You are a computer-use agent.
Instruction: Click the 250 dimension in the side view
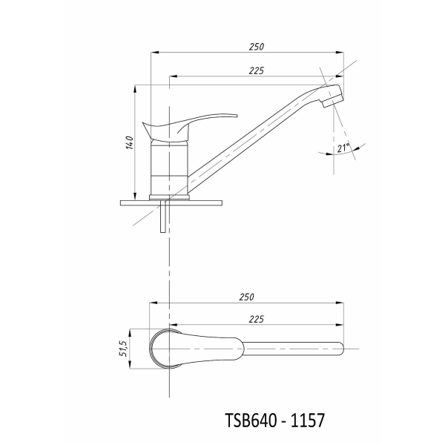[257, 47]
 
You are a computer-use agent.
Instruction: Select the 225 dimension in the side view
[257, 70]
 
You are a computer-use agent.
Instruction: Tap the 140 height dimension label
[129, 142]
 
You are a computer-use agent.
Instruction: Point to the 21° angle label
[343, 148]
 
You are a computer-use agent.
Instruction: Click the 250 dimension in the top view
[246, 297]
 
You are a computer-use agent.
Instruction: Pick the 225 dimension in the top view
[257, 320]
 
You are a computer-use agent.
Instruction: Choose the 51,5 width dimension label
[125, 349]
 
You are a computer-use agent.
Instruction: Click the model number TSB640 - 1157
[274, 421]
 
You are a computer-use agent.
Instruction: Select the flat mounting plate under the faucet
[171, 203]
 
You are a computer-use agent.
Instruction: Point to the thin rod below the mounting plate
[163, 217]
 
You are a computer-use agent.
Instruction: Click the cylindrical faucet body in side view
[169, 168]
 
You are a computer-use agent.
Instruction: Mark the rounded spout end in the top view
[340, 349]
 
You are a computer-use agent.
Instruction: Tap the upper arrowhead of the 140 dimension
[135, 88]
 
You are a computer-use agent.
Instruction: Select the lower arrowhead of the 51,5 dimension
[130, 365]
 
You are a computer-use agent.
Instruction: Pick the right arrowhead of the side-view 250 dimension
[340, 53]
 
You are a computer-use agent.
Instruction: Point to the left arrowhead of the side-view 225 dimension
[173, 76]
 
